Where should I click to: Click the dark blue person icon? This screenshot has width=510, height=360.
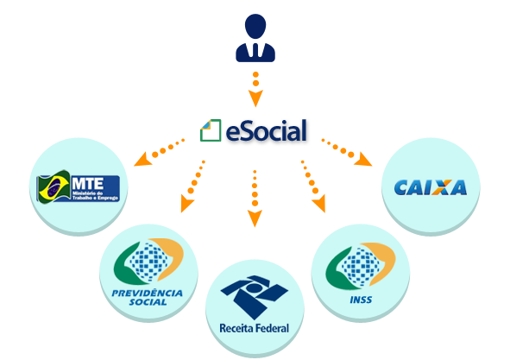tap(255, 39)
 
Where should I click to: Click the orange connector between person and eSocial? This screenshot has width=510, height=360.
tap(255, 88)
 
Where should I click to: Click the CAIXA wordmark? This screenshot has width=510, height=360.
tap(430, 187)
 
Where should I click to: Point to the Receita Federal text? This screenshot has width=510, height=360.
tap(255, 327)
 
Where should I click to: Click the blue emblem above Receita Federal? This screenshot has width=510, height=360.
tap(254, 294)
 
